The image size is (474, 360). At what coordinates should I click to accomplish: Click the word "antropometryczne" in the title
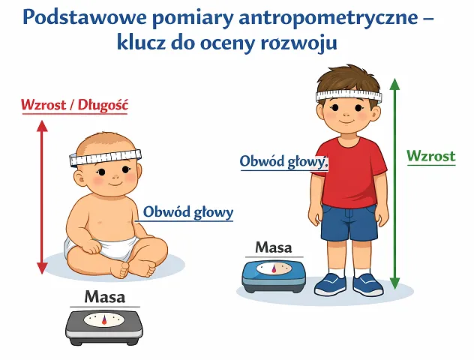[x=328, y=19]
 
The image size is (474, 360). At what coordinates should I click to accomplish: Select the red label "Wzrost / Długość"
[x=75, y=105]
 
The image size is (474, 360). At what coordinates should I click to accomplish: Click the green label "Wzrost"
[x=431, y=156]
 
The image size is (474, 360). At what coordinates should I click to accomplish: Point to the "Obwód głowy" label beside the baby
[x=188, y=212]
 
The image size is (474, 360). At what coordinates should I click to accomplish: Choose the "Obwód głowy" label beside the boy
[x=283, y=161]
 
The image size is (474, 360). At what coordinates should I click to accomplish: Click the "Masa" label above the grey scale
[x=104, y=297]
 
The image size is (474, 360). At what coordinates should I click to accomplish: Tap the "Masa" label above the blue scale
[x=274, y=247]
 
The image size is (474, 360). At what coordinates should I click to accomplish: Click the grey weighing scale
[x=104, y=327]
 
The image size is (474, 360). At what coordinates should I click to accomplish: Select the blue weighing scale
[x=274, y=276]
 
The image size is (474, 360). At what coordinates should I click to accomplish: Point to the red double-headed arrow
[x=42, y=196]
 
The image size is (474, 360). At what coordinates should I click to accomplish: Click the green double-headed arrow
[x=394, y=184]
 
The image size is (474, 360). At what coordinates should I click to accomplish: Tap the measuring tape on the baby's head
[x=105, y=157]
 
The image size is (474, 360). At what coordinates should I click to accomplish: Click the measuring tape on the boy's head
[x=349, y=95]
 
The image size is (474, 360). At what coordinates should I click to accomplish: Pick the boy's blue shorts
[x=349, y=222]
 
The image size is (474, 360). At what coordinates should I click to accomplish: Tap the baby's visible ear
[x=80, y=179]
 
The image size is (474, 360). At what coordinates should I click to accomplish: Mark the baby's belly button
[x=99, y=223]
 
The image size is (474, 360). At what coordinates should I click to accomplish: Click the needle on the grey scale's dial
[x=104, y=320]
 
